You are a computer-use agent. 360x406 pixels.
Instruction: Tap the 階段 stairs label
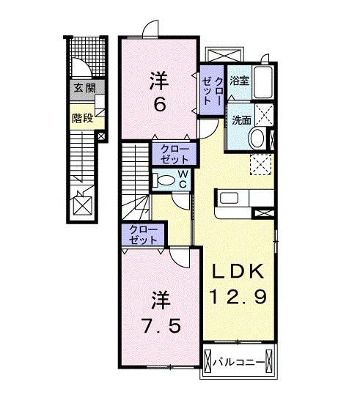click(x=81, y=117)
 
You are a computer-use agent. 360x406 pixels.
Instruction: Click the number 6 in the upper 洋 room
click(x=158, y=103)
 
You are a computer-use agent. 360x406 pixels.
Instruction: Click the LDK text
click(x=238, y=272)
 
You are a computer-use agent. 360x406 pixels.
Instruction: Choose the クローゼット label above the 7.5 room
click(x=142, y=235)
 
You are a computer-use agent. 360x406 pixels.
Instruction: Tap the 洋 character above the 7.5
click(x=160, y=299)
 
